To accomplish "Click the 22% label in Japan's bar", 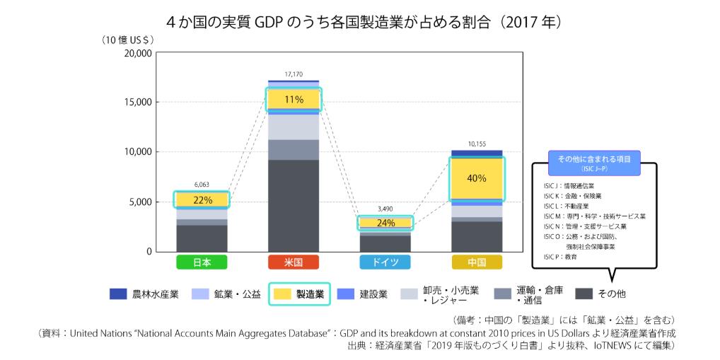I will (x=202, y=200).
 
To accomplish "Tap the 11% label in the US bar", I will (x=293, y=99).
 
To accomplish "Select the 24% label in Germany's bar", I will (x=385, y=223).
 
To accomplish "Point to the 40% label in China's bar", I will (x=477, y=178).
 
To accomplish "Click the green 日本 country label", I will (x=202, y=262).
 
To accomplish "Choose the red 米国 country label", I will (x=293, y=262).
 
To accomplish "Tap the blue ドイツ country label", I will (x=385, y=262).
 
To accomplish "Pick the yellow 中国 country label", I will (x=477, y=262).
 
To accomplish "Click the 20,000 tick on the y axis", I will (x=138, y=53).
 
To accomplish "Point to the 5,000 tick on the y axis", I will (x=141, y=202).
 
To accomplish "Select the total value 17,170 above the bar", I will (x=294, y=74).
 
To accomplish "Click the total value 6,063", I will (x=202, y=185).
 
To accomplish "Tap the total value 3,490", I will (x=385, y=209).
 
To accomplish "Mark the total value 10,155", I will (x=477, y=144).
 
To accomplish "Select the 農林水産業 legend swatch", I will (x=118, y=294).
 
